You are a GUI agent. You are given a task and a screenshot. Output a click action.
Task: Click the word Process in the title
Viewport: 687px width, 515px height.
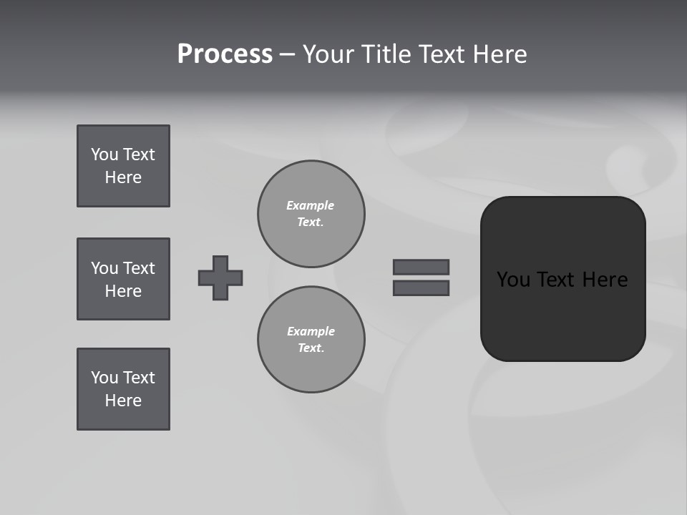pyautogui.click(x=225, y=54)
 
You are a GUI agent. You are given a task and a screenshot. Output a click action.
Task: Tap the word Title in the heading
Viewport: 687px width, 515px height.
pyautogui.click(x=386, y=54)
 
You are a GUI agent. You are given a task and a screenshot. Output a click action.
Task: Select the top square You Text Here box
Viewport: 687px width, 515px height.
pyautogui.click(x=123, y=166)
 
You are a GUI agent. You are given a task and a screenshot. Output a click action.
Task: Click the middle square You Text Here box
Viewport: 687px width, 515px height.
pyautogui.click(x=123, y=279)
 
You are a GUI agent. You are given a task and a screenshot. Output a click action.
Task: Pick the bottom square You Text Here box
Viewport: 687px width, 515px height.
pyautogui.click(x=123, y=389)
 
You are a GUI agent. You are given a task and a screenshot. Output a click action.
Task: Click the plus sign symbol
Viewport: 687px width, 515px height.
pyautogui.click(x=220, y=278)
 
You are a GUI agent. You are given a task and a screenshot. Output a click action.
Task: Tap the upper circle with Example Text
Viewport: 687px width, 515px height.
pyautogui.click(x=311, y=214)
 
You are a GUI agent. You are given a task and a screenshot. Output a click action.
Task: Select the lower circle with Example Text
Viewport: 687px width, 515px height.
pyautogui.click(x=311, y=340)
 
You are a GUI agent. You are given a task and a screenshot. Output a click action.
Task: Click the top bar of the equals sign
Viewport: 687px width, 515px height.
pyautogui.click(x=421, y=267)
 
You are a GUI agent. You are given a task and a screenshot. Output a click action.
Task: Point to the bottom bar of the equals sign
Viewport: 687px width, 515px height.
pyautogui.click(x=421, y=288)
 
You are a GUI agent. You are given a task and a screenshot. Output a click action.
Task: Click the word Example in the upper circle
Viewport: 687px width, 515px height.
pyautogui.click(x=310, y=206)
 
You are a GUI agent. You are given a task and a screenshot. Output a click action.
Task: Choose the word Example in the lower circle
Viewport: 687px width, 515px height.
pyautogui.click(x=311, y=332)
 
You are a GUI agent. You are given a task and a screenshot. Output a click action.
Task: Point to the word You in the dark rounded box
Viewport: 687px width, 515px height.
pyautogui.click(x=513, y=280)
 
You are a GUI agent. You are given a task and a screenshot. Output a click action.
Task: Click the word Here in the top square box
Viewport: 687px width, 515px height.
pyautogui.click(x=123, y=177)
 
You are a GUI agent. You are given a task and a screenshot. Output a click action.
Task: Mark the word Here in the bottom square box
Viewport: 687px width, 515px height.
pyautogui.click(x=123, y=401)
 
